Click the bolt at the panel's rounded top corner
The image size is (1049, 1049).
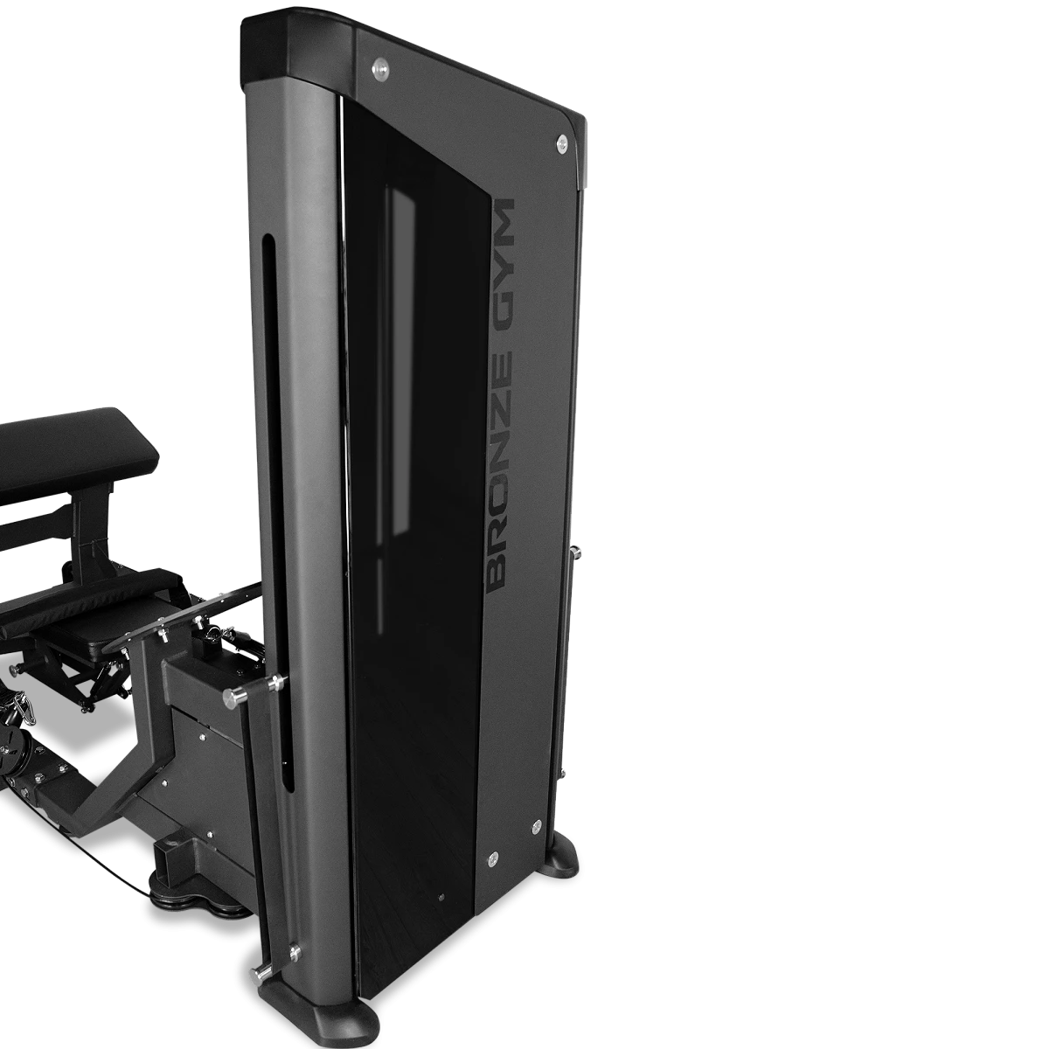tap(561, 143)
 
